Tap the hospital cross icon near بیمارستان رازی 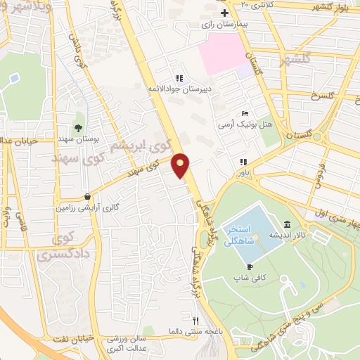(x=224, y=13)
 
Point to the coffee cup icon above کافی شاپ (x=249, y=267)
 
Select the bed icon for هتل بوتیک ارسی (x=244, y=113)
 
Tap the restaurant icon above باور (x=243, y=161)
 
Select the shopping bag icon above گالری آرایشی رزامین (x=86, y=198)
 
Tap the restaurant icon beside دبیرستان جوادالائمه (x=179, y=78)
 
